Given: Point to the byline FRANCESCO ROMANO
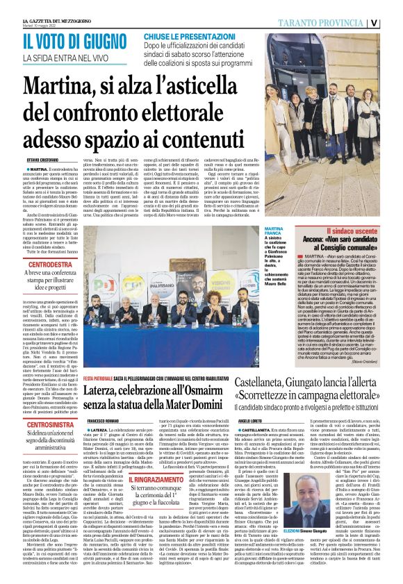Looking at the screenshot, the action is coord(102,411).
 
